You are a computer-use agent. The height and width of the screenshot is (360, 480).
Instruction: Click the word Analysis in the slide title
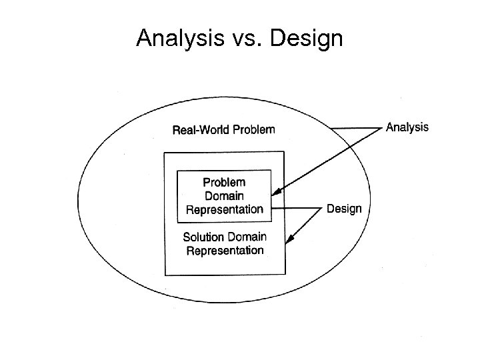[x=177, y=39]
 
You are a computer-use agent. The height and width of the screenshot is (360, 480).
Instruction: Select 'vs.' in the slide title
[x=245, y=39]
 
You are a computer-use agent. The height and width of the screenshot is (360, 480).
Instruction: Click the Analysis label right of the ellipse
[x=407, y=127]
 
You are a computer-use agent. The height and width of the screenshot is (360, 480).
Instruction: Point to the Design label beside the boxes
[x=344, y=209]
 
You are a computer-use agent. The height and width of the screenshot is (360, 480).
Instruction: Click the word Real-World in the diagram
[x=201, y=129]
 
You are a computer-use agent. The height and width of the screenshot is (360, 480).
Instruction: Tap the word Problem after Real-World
[x=253, y=129]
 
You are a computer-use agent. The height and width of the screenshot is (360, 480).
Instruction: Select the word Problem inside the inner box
[x=224, y=182]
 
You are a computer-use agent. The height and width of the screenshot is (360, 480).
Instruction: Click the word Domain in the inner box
[x=224, y=196]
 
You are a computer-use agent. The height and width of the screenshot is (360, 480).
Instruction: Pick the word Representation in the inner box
[x=224, y=209]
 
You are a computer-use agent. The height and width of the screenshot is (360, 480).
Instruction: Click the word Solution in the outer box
[x=205, y=237]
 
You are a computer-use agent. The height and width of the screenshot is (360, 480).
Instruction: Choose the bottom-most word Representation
[x=225, y=251]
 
